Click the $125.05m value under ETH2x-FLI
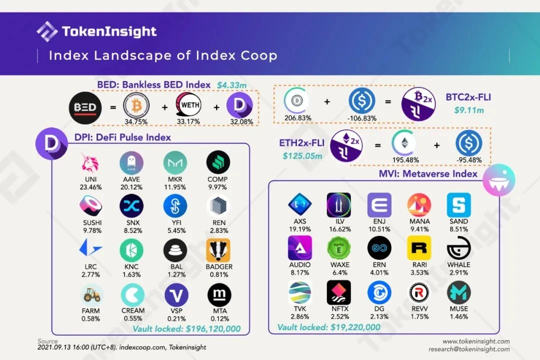(x=301, y=156)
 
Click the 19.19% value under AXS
(x=299, y=229)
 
